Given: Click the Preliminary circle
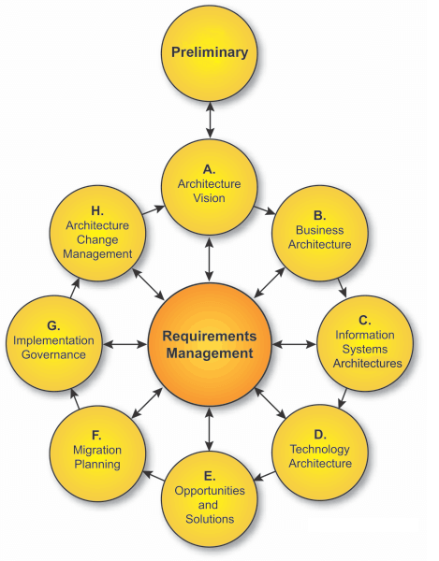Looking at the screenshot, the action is pyautogui.click(x=210, y=53).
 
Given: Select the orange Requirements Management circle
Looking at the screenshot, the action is pyautogui.click(x=210, y=344).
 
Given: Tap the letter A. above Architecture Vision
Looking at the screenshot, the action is pyautogui.click(x=210, y=169).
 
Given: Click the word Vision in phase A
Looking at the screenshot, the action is pyautogui.click(x=210, y=198).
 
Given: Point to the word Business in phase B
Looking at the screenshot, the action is pyautogui.click(x=320, y=230).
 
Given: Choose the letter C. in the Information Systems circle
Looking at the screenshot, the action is pyautogui.click(x=364, y=320).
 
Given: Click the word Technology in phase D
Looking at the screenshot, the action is pyautogui.click(x=320, y=449).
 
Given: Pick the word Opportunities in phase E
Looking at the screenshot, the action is pyautogui.click(x=210, y=491).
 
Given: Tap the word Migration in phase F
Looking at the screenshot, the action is pyautogui.click(x=97, y=450).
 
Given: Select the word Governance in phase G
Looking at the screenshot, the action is pyautogui.click(x=53, y=354).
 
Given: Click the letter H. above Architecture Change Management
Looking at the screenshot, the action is pyautogui.click(x=97, y=210).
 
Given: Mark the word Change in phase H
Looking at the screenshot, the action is pyautogui.click(x=97, y=239).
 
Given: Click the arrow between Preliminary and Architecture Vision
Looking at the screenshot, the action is pyautogui.click(x=210, y=120).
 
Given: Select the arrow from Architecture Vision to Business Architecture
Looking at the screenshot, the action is pyautogui.click(x=265, y=210).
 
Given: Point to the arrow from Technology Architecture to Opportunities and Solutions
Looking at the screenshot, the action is pyautogui.click(x=265, y=476).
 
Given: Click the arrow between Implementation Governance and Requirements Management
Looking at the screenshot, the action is pyautogui.click(x=125, y=344).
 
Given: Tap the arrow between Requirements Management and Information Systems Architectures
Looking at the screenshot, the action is pyautogui.click(x=294, y=344).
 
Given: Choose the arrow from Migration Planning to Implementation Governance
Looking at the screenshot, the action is pyautogui.click(x=75, y=398).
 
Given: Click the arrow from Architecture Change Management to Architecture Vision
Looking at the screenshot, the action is pyautogui.click(x=154, y=210).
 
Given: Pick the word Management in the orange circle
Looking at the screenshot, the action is pyautogui.click(x=210, y=353).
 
